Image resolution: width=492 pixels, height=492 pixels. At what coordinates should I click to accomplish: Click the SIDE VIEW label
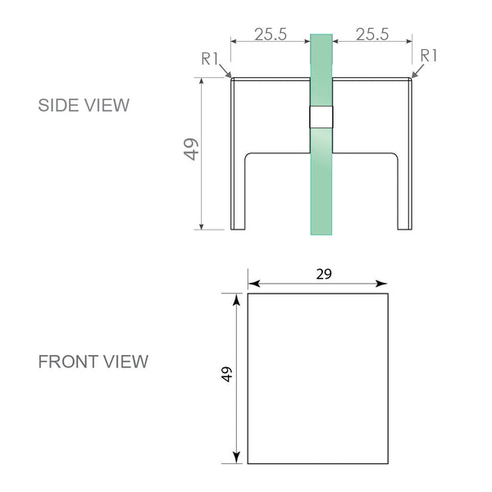point(84,105)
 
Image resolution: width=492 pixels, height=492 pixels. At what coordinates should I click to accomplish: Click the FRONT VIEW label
point(93,362)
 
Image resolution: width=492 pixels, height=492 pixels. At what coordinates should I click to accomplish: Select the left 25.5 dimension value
point(270,34)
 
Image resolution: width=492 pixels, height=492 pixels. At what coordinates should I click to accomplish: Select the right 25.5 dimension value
point(372,34)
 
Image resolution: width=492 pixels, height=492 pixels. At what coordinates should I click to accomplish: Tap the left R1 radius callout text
point(211,57)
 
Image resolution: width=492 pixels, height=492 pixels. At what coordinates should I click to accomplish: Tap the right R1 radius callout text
point(429,55)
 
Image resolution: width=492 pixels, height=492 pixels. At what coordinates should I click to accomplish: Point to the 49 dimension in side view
point(191,149)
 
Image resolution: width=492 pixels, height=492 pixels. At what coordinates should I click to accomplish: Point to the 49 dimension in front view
point(227,374)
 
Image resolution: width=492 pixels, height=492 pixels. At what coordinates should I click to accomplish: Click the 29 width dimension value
point(324,274)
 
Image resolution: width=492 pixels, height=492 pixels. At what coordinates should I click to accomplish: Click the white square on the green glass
point(321,118)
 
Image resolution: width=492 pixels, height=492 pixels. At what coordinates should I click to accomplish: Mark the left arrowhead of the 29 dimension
point(253,284)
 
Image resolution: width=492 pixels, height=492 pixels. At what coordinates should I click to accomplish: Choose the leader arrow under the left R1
point(225,73)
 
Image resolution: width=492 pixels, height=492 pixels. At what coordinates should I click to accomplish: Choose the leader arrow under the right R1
point(416,73)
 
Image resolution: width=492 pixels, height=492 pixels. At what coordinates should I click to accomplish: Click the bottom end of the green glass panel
point(321,231)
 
